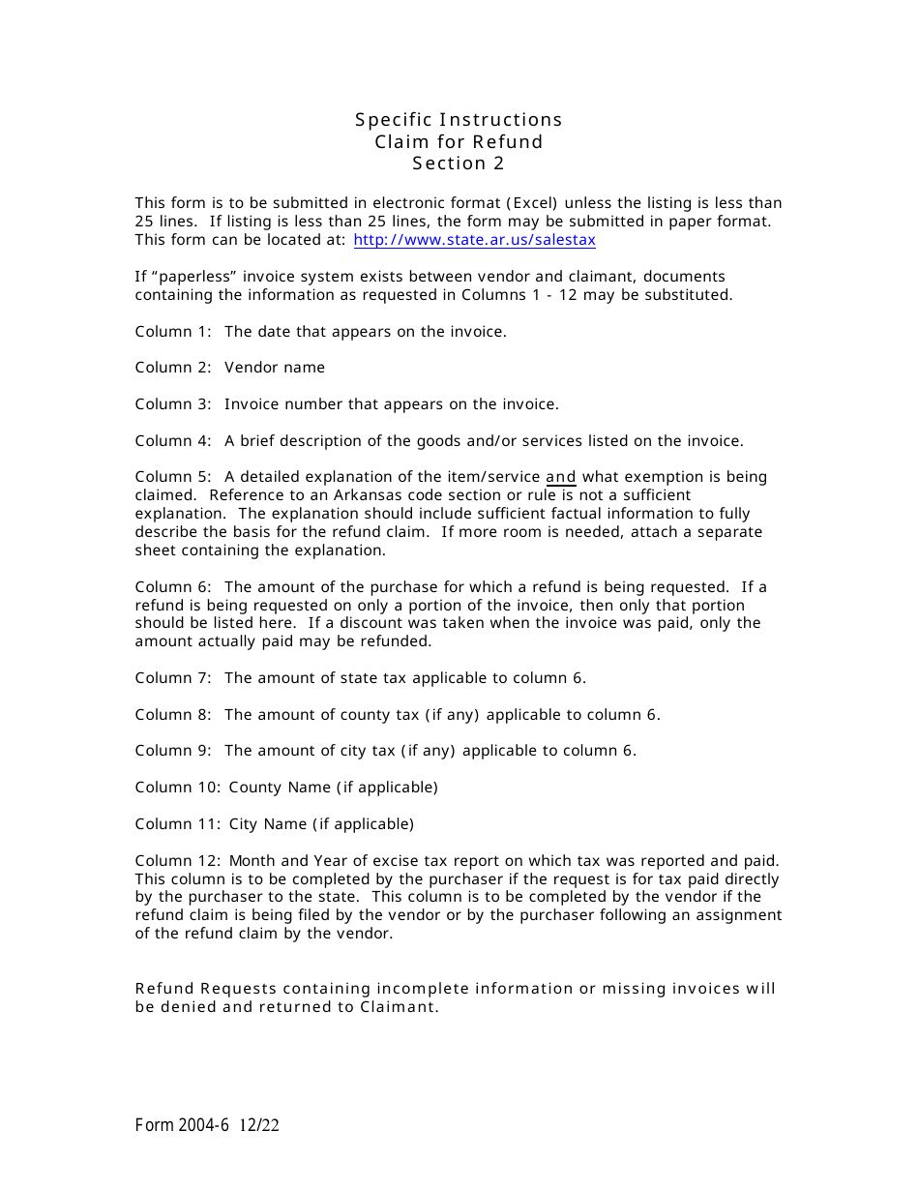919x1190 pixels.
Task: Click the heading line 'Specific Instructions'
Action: pyautogui.click(x=459, y=120)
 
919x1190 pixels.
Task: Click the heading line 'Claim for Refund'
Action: pyautogui.click(x=459, y=142)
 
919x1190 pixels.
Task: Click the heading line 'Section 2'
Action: pyautogui.click(x=459, y=164)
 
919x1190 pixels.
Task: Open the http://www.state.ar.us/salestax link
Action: pyautogui.click(x=474, y=240)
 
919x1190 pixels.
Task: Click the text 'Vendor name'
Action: pyautogui.click(x=275, y=368)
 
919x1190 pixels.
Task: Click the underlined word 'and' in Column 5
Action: pyautogui.click(x=561, y=477)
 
